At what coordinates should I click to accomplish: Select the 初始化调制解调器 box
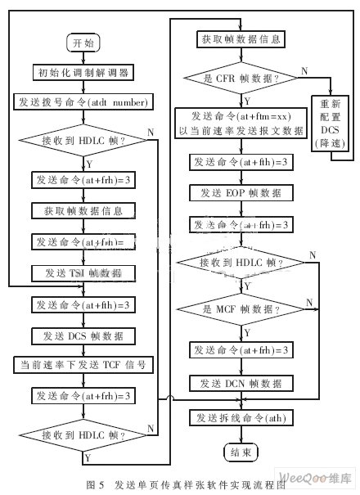click(x=81, y=72)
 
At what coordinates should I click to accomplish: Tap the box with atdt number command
click(x=81, y=102)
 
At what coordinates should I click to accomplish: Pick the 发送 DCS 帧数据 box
click(x=81, y=335)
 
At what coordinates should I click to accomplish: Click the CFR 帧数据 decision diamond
click(x=241, y=79)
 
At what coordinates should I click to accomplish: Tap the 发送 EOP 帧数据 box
click(x=241, y=193)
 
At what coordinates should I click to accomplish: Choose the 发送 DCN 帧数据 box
click(x=241, y=384)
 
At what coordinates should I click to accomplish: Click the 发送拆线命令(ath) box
click(x=241, y=419)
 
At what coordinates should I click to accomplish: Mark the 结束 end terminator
click(x=241, y=451)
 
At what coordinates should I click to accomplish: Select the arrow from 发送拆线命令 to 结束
click(x=241, y=434)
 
